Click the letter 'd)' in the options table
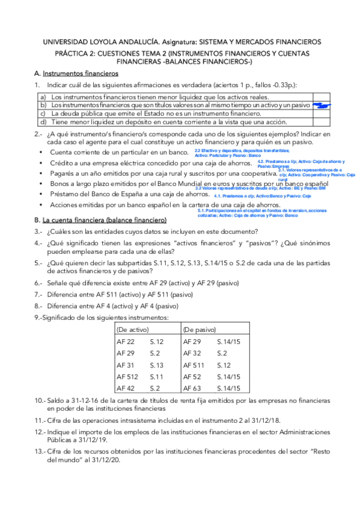[x=43, y=121]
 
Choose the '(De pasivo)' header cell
[x=199, y=330]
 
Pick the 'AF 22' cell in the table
[x=126, y=342]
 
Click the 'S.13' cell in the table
[x=157, y=364]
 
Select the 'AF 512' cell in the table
[x=127, y=376]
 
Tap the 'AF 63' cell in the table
[x=192, y=387]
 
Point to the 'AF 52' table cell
[x=192, y=376]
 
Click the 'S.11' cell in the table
[x=156, y=376]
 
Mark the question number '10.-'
[x=40, y=400]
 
